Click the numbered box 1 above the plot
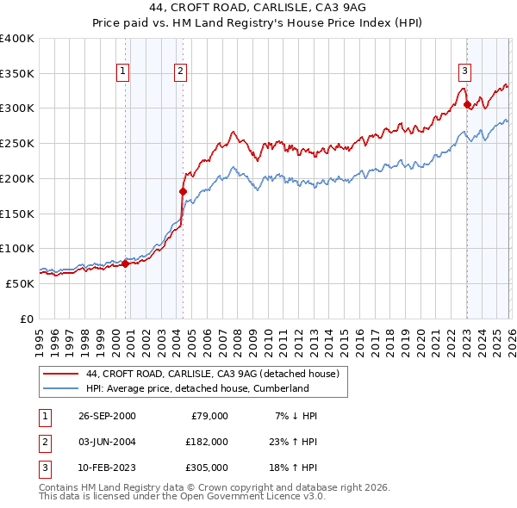(124, 71)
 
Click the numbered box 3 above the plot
(464, 71)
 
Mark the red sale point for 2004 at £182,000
(183, 191)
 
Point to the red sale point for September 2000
(126, 263)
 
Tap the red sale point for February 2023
(467, 105)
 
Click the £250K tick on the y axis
(17, 143)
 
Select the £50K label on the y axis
(20, 283)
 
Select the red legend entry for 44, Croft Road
(213, 374)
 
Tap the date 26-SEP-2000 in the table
(107, 416)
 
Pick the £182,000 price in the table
(206, 441)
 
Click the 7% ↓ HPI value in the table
(296, 416)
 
